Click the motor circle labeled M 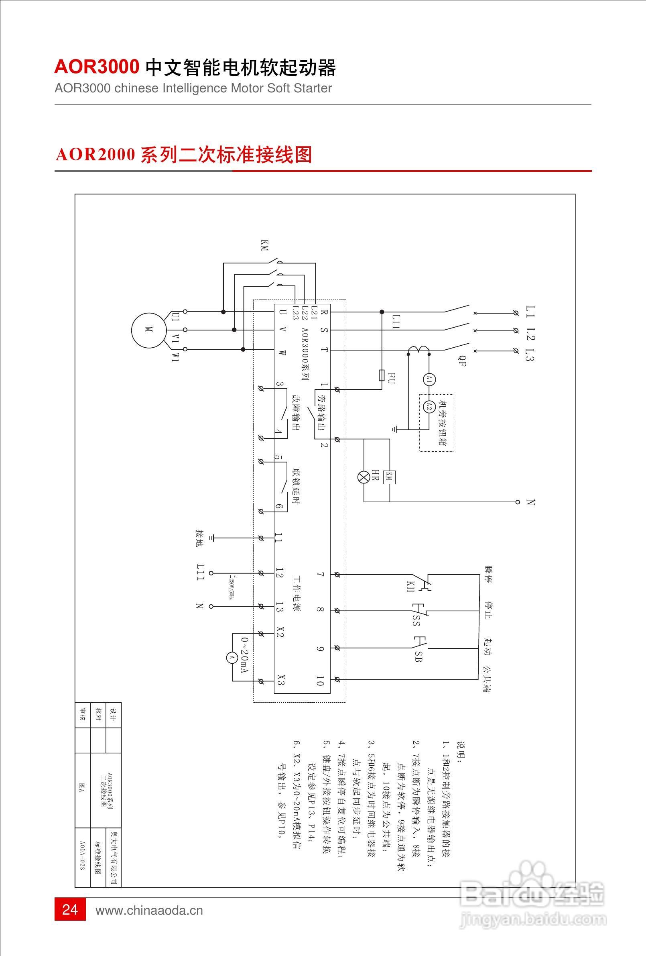tap(149, 330)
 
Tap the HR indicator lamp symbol tap(364, 477)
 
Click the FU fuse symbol tap(382, 375)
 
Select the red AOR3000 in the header tap(97, 67)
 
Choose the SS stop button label tap(416, 620)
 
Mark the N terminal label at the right tap(530, 502)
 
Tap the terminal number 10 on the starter tap(320, 681)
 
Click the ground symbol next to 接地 tap(212, 538)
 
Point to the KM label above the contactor tap(264, 246)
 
